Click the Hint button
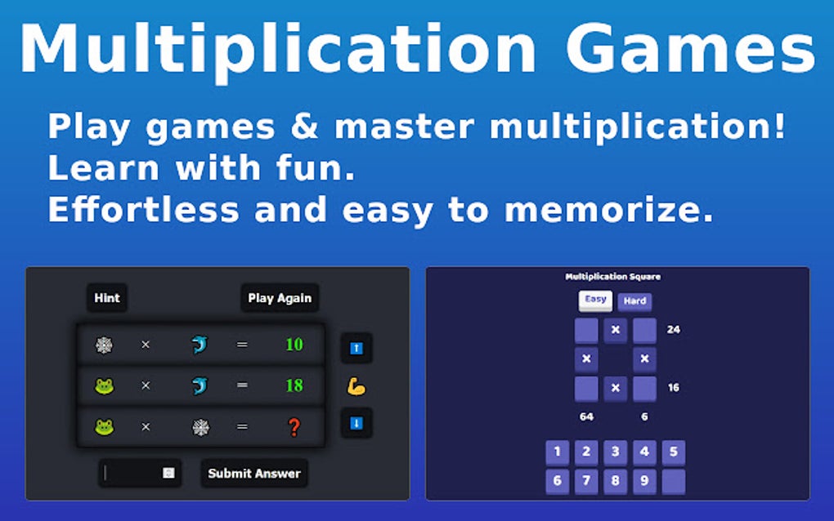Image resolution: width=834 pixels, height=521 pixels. (x=107, y=298)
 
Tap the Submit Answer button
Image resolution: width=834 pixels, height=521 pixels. (x=254, y=473)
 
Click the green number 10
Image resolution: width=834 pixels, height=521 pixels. (x=294, y=345)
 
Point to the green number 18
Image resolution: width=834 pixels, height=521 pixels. (x=294, y=385)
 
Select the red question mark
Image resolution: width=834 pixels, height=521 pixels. (x=294, y=426)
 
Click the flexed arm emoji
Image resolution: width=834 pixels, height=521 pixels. (x=356, y=385)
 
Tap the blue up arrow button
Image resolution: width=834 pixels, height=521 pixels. (x=356, y=348)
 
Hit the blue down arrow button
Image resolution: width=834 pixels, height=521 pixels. (x=356, y=423)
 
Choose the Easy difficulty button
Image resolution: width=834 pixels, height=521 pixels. (x=596, y=300)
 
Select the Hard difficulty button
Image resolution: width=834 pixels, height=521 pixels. (x=634, y=301)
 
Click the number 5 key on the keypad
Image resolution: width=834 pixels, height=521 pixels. (x=673, y=452)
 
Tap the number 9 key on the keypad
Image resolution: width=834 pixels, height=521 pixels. (x=644, y=481)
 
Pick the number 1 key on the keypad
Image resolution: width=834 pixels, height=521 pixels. (x=557, y=452)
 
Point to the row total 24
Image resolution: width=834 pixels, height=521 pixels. (x=673, y=330)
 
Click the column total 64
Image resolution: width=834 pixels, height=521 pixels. (x=586, y=416)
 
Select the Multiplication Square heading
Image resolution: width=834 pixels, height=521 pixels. (x=613, y=277)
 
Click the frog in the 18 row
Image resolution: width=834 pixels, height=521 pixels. (x=105, y=385)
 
